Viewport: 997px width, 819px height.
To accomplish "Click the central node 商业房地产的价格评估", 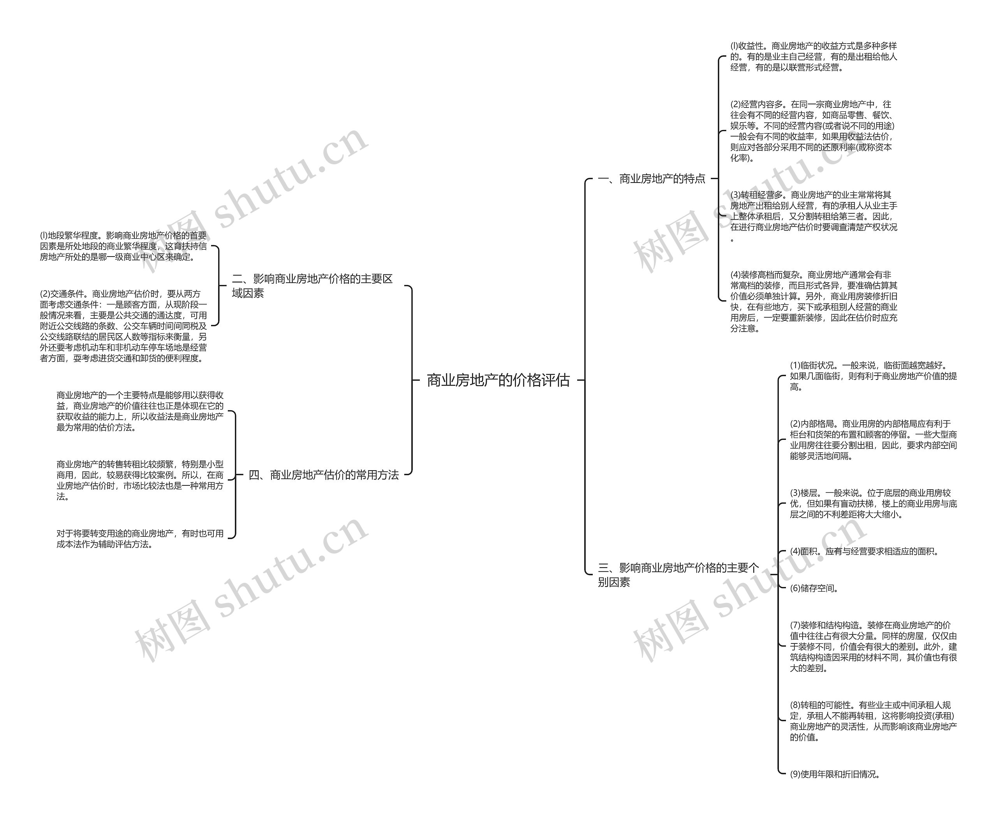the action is [x=498, y=380].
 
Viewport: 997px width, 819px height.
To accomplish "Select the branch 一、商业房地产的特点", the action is [x=652, y=179].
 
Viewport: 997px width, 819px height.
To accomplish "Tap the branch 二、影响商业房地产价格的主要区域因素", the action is [x=312, y=286].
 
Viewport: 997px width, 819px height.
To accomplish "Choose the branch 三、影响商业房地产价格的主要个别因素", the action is [x=678, y=575].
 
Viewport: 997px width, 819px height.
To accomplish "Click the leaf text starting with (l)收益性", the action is [x=813, y=56].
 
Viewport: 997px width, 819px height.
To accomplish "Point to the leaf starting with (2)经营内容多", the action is [x=812, y=131].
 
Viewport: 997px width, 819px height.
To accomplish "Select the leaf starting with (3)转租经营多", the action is [x=813, y=216].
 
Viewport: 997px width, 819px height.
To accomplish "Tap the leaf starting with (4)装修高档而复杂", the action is [x=813, y=301].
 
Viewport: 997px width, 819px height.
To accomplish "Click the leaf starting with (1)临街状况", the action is [x=873, y=376].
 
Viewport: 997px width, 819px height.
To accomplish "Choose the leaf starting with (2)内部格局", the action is [x=873, y=440].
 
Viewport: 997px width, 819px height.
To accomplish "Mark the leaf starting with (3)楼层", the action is [x=873, y=504].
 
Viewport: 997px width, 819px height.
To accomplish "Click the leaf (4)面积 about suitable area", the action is [x=864, y=552].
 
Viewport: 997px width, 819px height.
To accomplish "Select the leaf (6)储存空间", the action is [x=814, y=588].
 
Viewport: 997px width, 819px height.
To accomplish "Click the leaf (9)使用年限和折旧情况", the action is [x=835, y=774].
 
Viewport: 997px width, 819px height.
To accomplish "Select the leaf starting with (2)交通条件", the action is [x=123, y=326].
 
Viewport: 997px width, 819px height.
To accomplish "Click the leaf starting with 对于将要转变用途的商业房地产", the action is [x=140, y=539].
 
